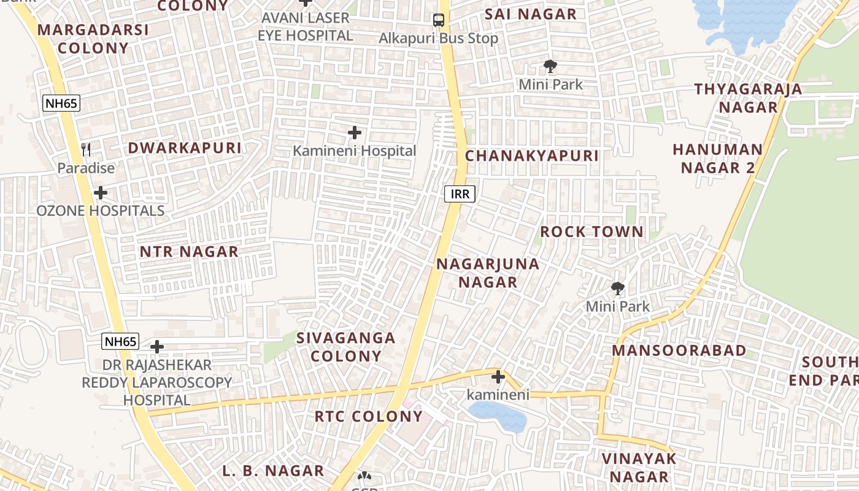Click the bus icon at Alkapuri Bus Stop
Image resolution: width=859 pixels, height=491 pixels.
click(x=438, y=20)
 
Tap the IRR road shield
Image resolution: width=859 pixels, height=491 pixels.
click(x=460, y=195)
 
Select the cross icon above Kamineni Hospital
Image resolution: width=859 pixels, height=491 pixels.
click(x=354, y=133)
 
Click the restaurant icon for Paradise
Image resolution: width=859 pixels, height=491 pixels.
click(x=87, y=150)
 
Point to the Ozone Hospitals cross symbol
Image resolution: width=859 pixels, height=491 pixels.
click(x=101, y=193)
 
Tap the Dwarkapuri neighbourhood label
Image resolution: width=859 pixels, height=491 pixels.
click(x=185, y=148)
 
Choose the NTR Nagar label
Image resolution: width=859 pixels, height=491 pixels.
click(x=189, y=252)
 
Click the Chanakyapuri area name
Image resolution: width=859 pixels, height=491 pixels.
click(x=531, y=156)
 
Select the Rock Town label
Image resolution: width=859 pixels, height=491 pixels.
click(x=591, y=232)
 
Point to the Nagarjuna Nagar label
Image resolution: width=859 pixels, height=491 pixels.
click(x=488, y=273)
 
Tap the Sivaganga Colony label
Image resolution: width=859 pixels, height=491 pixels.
click(x=346, y=347)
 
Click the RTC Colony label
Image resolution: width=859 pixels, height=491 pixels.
click(x=369, y=416)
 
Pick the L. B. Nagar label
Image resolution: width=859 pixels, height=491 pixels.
click(x=273, y=471)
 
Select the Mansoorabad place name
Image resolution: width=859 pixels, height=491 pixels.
click(x=679, y=350)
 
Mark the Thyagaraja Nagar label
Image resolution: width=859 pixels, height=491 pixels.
click(x=748, y=98)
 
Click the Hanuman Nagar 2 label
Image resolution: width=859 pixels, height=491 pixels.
click(x=717, y=158)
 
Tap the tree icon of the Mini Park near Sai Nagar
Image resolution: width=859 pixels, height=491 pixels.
click(x=550, y=66)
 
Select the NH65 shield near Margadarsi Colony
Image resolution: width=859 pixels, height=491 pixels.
click(x=61, y=103)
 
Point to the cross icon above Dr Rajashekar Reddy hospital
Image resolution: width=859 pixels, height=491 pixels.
click(x=157, y=347)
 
